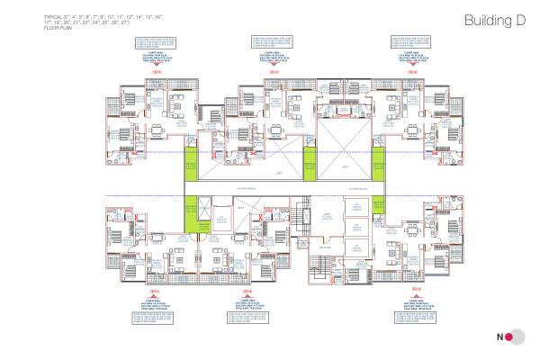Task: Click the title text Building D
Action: (x=494, y=21)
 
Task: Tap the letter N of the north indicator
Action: (x=496, y=338)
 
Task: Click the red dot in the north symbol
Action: (x=508, y=338)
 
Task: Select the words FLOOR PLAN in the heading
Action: (x=56, y=30)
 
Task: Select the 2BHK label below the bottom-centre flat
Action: (x=247, y=292)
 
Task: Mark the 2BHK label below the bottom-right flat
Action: (x=415, y=290)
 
